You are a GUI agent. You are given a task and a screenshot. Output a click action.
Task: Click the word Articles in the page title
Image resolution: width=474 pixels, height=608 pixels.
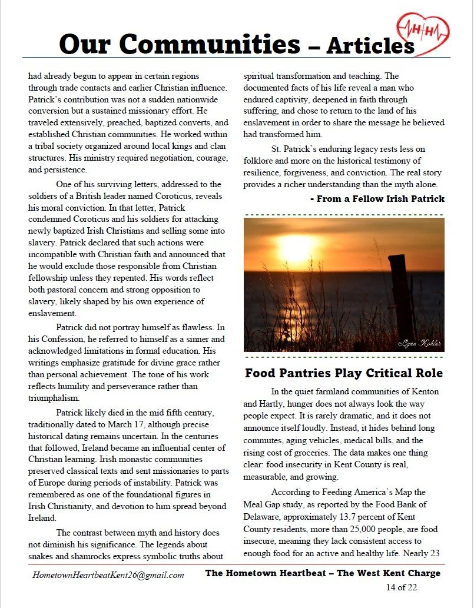click(x=371, y=45)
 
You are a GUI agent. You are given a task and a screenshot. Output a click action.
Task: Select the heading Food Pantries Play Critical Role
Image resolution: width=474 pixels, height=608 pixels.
click(x=344, y=373)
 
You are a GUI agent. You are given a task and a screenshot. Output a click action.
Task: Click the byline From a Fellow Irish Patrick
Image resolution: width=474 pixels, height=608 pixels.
click(x=377, y=199)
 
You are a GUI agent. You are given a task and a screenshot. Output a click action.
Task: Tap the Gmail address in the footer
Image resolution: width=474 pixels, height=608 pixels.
click(x=108, y=575)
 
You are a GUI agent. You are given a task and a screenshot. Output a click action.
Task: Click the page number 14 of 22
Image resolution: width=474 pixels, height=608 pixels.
click(x=402, y=587)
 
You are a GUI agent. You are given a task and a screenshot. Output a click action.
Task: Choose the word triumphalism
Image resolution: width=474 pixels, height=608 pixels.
click(x=55, y=398)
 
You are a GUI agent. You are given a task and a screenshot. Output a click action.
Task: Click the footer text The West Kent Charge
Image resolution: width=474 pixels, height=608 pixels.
click(x=389, y=573)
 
